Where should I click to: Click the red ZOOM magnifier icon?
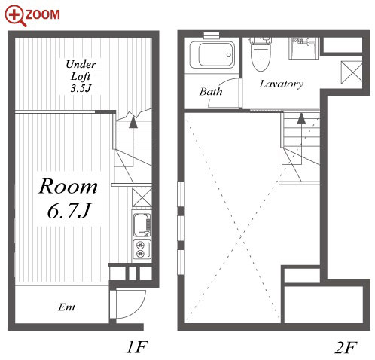(x=16, y=16)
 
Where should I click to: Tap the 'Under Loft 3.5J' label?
(x=81, y=76)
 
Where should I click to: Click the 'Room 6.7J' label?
(x=68, y=198)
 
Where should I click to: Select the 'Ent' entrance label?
(x=66, y=307)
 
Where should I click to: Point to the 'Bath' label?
(x=211, y=91)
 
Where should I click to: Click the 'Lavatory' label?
(x=282, y=84)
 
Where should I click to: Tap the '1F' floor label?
(x=137, y=347)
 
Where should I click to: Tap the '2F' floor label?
(x=346, y=348)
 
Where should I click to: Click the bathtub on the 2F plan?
(x=212, y=55)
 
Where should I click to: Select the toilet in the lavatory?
(x=261, y=54)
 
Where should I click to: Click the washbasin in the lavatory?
(x=303, y=49)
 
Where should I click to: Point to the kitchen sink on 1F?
(x=142, y=225)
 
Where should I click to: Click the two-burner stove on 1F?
(x=142, y=249)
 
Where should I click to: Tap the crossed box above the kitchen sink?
(x=142, y=197)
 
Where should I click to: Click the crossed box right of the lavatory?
(x=352, y=72)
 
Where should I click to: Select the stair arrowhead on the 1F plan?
(x=133, y=123)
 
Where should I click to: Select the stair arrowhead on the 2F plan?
(x=301, y=118)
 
